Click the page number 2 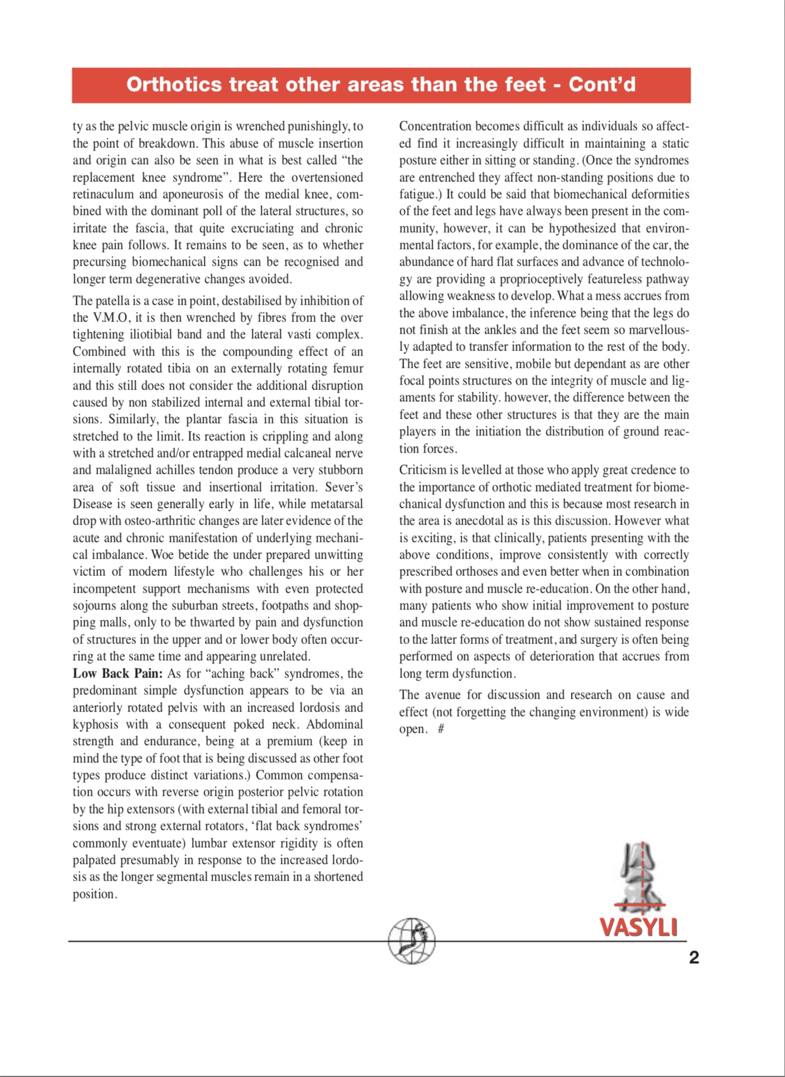tap(693, 958)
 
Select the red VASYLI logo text tap(638, 927)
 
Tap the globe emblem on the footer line tap(412, 941)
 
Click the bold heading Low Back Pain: tap(117, 674)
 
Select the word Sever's tap(344, 487)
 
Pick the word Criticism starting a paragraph tap(423, 470)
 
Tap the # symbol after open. tap(441, 729)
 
